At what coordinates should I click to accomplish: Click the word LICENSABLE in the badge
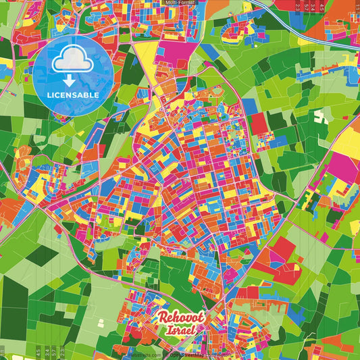pos(72,95)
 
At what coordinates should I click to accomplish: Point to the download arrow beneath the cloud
pos(72,80)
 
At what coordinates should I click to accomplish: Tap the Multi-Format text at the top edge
pos(180,3)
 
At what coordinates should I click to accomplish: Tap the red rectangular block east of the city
pos(258,123)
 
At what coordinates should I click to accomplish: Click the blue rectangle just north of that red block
pos(250,106)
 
